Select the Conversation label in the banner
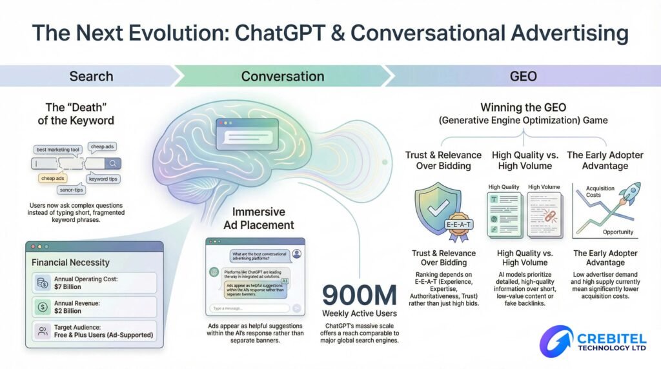click(282, 77)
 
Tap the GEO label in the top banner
click(523, 77)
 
